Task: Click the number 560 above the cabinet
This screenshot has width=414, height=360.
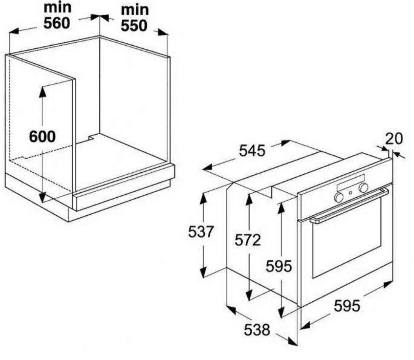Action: (57, 23)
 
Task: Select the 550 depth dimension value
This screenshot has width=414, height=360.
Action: (134, 26)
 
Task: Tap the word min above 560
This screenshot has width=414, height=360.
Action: (58, 8)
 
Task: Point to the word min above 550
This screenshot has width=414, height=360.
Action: (135, 10)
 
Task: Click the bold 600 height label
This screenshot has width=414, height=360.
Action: (42, 136)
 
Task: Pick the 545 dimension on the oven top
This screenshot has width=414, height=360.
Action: (252, 151)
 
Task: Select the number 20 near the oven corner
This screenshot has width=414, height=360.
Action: (394, 139)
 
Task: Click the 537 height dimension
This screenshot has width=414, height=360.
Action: (200, 232)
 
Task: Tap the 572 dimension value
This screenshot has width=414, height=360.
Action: (248, 240)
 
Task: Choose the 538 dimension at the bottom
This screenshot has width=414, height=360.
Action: (257, 330)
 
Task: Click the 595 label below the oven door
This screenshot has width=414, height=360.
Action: (347, 306)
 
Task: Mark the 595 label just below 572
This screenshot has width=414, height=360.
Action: (279, 266)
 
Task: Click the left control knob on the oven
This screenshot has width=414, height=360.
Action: (338, 197)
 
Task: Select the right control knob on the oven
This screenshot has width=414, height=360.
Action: (363, 187)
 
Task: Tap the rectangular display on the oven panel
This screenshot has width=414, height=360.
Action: (351, 182)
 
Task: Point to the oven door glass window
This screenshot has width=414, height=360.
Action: (347, 238)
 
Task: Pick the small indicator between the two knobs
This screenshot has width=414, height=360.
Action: (350, 193)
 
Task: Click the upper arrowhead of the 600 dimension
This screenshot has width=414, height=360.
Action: (42, 91)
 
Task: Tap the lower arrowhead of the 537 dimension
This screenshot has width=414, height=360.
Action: (203, 272)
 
